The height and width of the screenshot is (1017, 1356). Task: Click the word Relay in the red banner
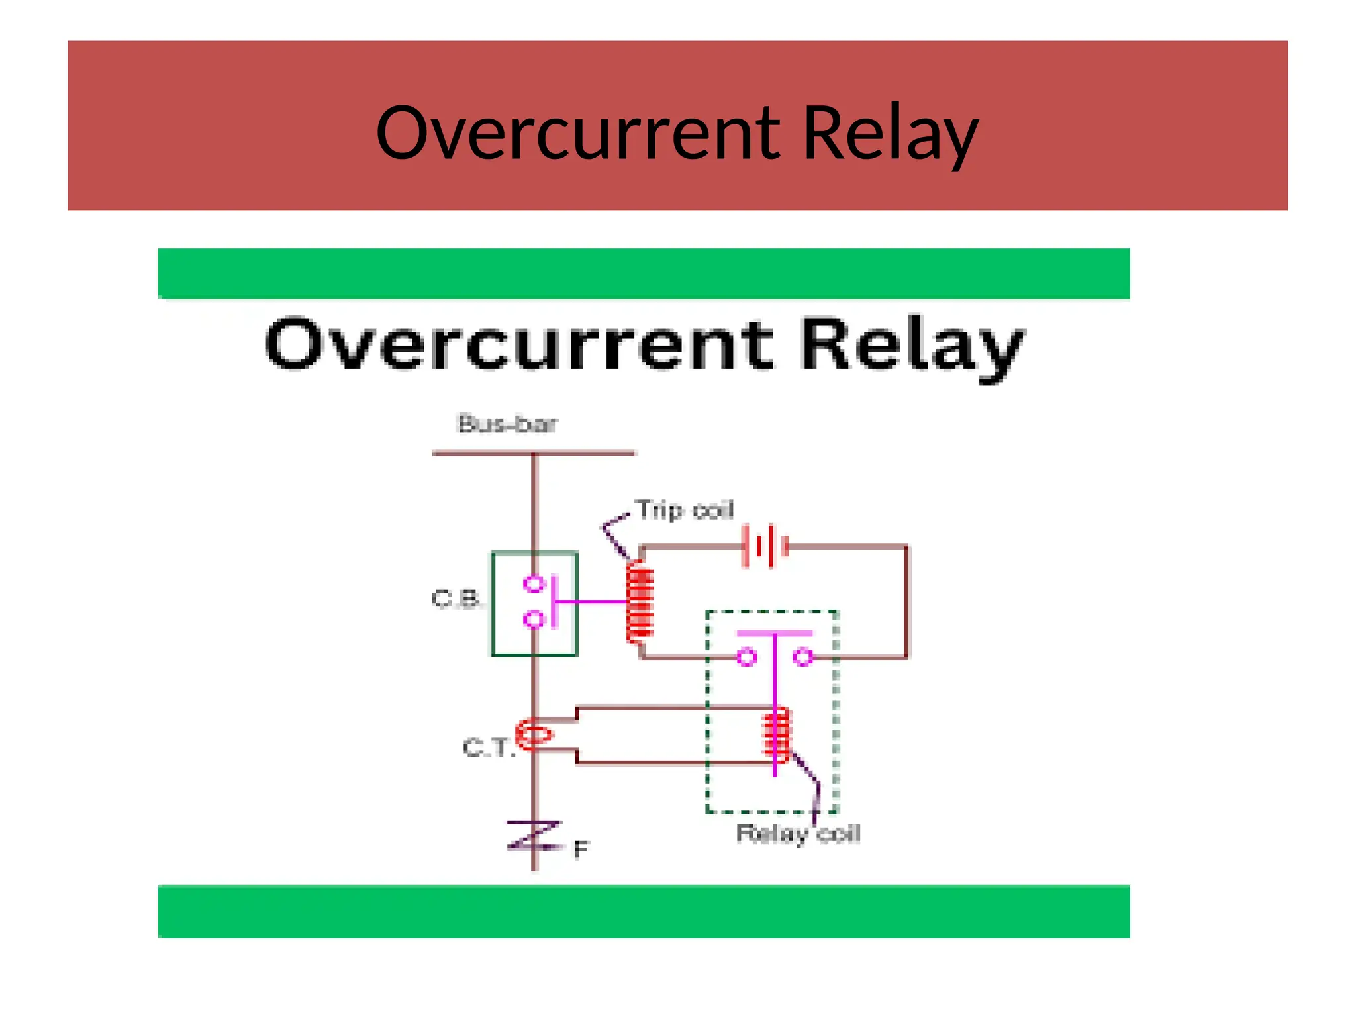[890, 134]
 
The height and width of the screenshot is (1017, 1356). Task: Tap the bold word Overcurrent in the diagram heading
[518, 344]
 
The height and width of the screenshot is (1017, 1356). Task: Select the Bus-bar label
[508, 424]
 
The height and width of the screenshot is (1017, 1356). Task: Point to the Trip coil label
[685, 510]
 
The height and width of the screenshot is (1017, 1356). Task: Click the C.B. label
[456, 599]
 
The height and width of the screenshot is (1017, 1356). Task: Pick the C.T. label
[488, 748]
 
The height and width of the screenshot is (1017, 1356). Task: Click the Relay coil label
[798, 834]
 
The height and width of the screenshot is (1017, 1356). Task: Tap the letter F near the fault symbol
[581, 849]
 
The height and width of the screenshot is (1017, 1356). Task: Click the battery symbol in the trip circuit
[765, 547]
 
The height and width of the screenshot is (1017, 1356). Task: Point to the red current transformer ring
[534, 734]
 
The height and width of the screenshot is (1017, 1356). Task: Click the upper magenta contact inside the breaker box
[533, 584]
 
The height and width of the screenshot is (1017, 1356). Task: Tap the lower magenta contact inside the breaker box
[533, 620]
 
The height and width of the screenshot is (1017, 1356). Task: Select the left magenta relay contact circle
[747, 657]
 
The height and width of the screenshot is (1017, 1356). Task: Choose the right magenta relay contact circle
[803, 657]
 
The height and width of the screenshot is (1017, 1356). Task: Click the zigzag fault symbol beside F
[534, 836]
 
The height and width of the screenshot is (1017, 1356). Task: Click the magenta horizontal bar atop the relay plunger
[775, 634]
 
